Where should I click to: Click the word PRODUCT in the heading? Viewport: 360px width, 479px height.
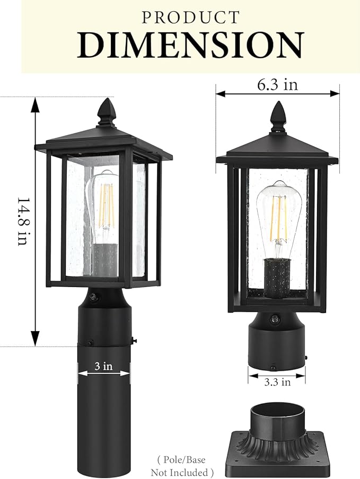click(190, 17)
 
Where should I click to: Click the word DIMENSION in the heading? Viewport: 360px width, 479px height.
click(190, 46)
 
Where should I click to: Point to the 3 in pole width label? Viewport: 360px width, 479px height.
click(104, 366)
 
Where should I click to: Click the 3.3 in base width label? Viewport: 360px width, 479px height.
click(277, 381)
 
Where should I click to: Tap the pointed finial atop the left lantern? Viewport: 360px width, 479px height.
click(107, 111)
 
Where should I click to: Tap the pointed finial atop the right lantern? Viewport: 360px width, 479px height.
click(278, 115)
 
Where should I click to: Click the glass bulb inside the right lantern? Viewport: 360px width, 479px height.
click(277, 212)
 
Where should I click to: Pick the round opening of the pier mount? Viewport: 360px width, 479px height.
click(277, 411)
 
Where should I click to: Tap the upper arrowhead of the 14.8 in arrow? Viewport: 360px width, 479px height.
click(35, 103)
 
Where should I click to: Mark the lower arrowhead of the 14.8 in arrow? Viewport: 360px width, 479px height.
click(35, 340)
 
